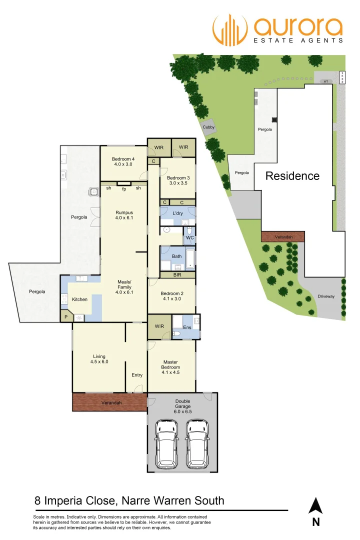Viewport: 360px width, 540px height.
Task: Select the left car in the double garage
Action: pos(166,443)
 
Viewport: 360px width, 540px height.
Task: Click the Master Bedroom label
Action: pos(171,364)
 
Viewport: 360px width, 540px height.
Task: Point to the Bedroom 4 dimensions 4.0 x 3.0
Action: pos(123,164)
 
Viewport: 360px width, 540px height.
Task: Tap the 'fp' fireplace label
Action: pos(124,188)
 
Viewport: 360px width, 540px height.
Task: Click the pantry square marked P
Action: pos(65,316)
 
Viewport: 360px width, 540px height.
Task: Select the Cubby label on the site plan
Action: pos(208,127)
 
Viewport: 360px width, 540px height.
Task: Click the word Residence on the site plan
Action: pos(292,176)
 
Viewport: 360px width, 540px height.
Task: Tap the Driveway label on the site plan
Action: pos(326,296)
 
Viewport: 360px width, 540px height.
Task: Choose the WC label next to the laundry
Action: pos(189,237)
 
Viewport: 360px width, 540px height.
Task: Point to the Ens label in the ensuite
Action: pos(187,327)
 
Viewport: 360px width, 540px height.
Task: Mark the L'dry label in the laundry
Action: pos(178,214)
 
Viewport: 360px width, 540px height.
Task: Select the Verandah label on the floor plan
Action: pos(111,402)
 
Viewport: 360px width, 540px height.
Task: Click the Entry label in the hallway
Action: pos(137,375)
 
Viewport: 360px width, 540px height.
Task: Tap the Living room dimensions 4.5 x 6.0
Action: pos(99,361)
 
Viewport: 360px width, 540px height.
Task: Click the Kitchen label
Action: pos(80,299)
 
